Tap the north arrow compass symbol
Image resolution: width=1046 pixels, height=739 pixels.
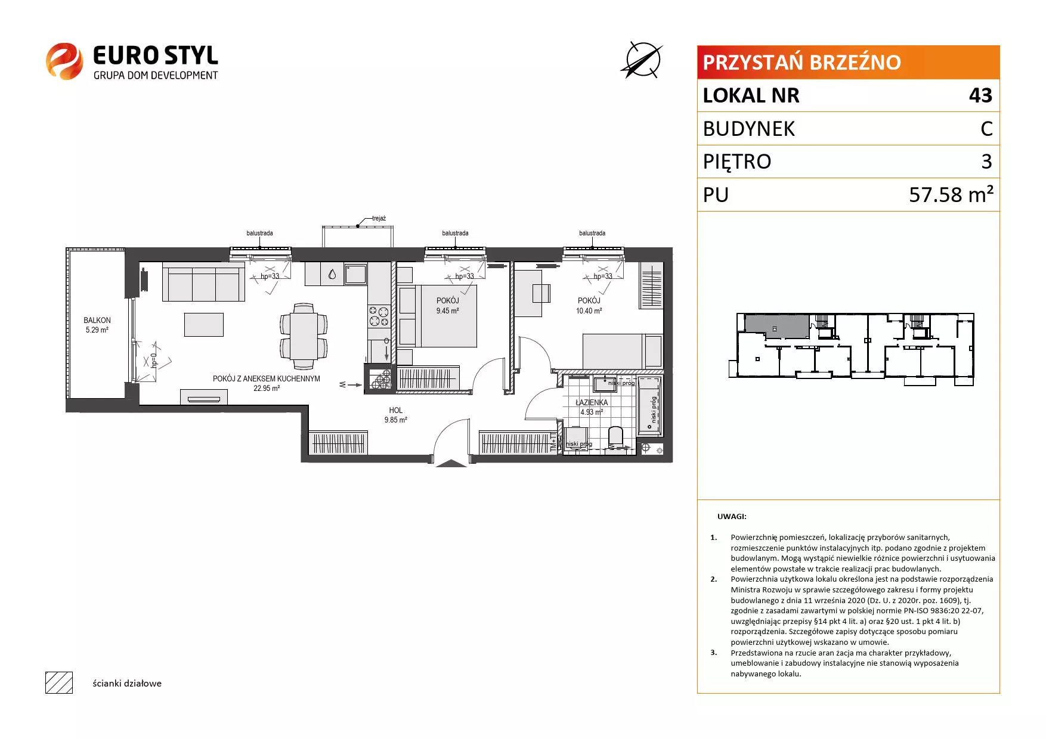click(643, 60)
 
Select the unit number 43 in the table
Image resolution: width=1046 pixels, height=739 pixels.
click(980, 95)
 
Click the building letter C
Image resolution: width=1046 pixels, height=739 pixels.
click(986, 129)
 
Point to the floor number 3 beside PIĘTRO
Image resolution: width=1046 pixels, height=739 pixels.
click(987, 162)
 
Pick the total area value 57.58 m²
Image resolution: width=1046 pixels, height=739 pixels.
click(951, 194)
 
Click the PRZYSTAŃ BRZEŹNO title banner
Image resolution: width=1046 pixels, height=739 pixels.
click(848, 62)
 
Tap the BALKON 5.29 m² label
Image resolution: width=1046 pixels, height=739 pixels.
click(97, 325)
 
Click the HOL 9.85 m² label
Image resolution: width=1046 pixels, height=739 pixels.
click(395, 415)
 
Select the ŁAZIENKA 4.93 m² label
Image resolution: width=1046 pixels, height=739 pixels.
click(592, 407)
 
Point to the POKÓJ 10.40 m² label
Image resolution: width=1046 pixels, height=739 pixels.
click(589, 306)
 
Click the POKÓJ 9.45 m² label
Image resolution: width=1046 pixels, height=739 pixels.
click(447, 306)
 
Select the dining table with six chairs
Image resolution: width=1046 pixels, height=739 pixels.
click(304, 336)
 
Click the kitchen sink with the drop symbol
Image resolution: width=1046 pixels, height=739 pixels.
click(332, 275)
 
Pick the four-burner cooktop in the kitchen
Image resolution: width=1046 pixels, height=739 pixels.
click(379, 316)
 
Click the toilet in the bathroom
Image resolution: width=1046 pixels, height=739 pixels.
click(615, 437)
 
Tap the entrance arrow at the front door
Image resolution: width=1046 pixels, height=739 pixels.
click(451, 463)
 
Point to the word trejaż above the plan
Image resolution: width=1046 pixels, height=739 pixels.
click(378, 219)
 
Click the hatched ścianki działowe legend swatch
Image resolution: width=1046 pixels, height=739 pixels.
click(59, 682)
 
